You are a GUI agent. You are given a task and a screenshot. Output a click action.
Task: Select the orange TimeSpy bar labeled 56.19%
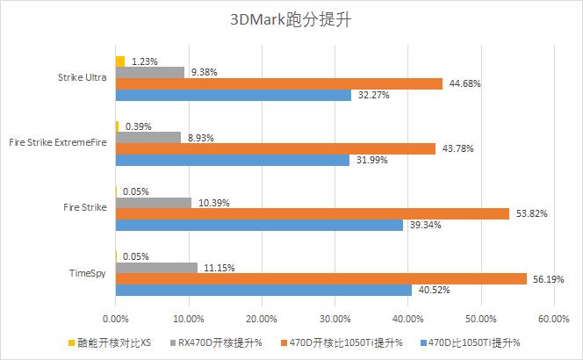pos(320,278)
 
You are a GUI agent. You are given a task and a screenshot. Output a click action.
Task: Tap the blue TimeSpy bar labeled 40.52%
pos(263,290)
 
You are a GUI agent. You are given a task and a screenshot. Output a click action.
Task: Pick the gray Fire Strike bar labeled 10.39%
pos(153,203)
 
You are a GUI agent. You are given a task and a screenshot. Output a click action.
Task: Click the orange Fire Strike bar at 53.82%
pos(312,213)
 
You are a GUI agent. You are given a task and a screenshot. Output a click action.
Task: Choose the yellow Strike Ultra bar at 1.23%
pos(120,61)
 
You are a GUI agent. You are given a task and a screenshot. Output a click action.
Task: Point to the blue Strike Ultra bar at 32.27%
pos(233,95)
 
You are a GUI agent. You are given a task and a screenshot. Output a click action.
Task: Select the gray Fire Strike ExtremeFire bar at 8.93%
pos(148,137)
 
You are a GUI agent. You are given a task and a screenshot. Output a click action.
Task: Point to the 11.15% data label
pos(219,267)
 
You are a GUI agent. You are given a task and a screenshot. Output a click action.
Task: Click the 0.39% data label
pos(138,126)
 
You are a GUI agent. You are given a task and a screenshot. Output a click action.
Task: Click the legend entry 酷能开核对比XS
pos(110,342)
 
